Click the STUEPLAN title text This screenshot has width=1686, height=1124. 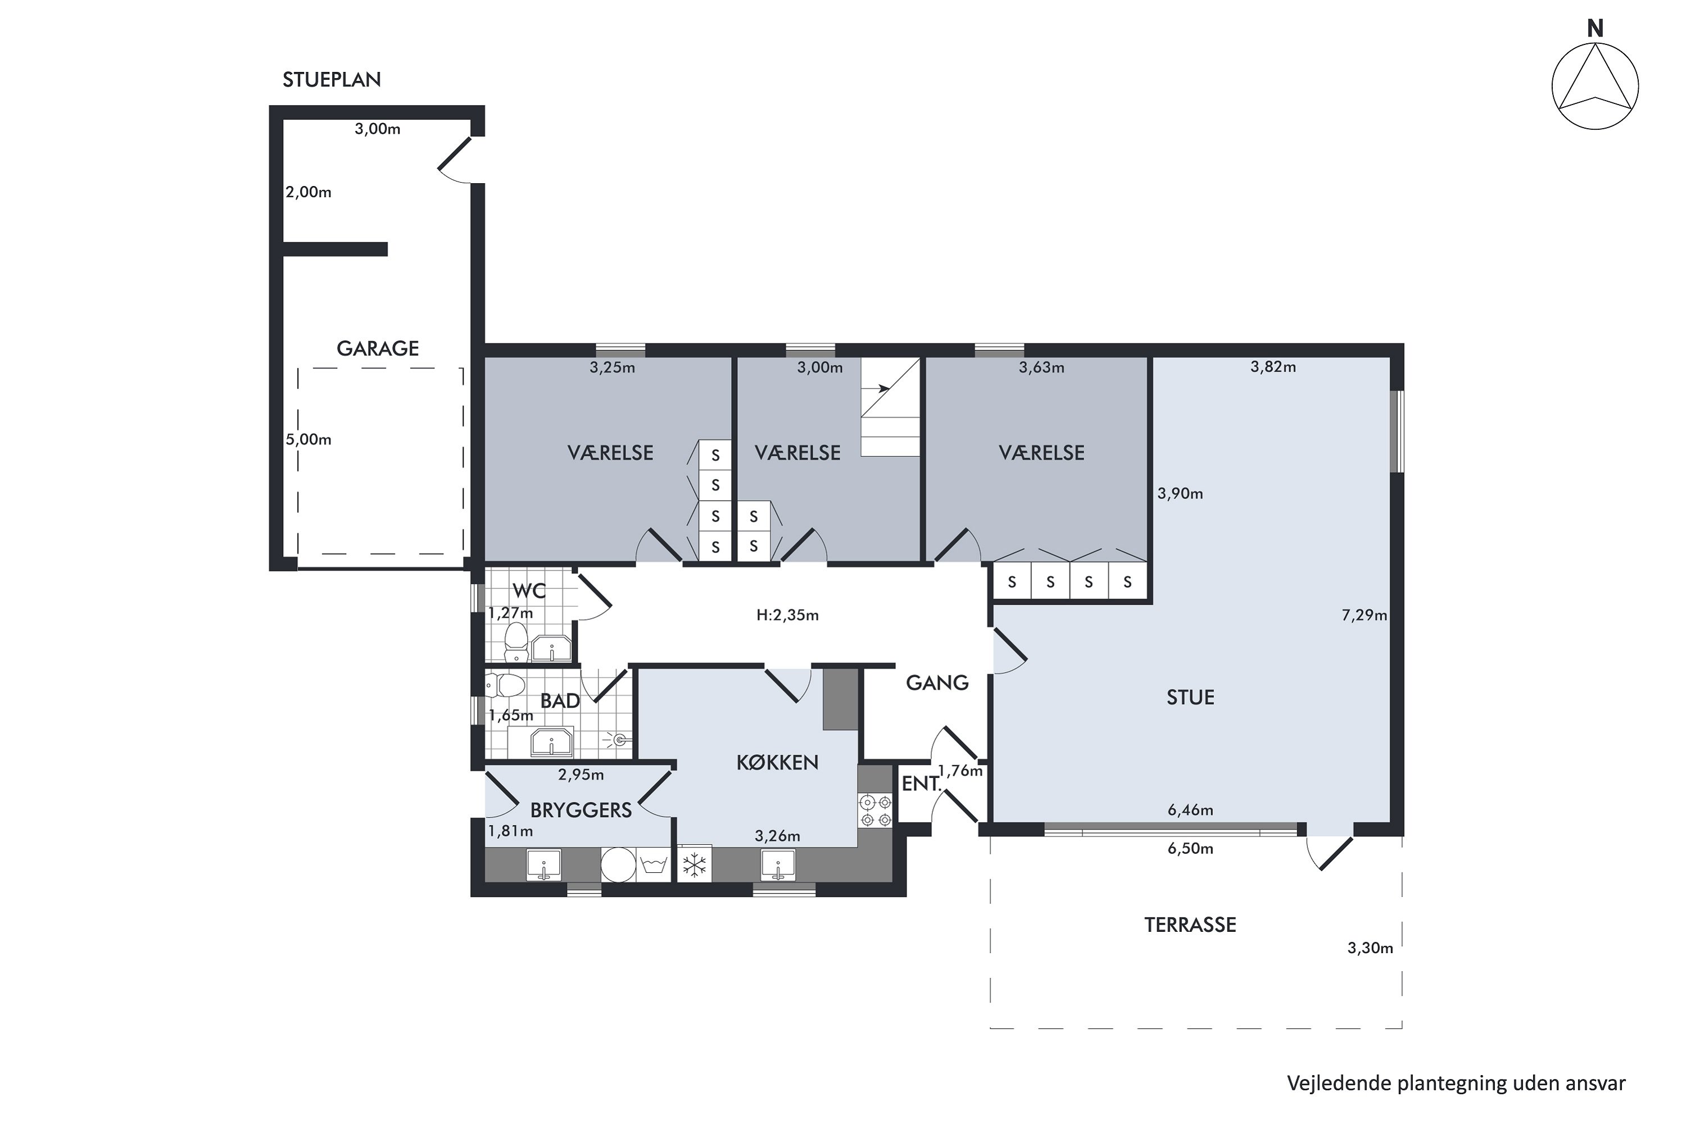tap(331, 80)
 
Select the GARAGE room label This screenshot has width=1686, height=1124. tap(378, 348)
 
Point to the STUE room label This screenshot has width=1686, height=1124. tap(1191, 697)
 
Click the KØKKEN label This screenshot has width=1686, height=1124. tap(778, 763)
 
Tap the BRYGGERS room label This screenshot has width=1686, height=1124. tap(581, 810)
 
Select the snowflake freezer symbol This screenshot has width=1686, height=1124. tap(694, 865)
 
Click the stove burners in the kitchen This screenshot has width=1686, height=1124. tap(875, 810)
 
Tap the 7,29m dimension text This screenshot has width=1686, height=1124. tap(1364, 615)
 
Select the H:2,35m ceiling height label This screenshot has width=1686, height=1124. tap(787, 615)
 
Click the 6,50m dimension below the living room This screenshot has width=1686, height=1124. tap(1190, 849)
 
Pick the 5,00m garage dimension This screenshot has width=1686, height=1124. tap(308, 439)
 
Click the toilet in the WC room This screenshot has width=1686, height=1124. tap(516, 643)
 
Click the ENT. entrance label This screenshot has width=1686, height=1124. tap(921, 784)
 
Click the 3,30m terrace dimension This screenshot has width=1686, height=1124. tap(1370, 949)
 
